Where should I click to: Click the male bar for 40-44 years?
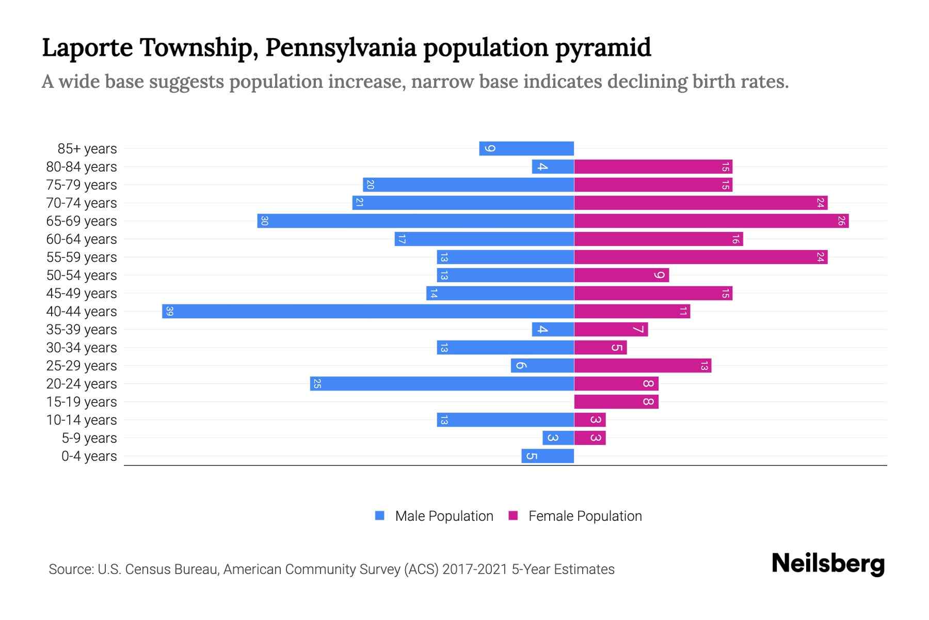click(x=368, y=312)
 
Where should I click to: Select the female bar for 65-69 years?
click(x=711, y=221)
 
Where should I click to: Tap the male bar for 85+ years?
click(x=526, y=149)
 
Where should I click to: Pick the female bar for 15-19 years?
click(x=616, y=402)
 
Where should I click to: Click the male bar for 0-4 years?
click(x=548, y=456)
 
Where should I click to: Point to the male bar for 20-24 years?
click(x=442, y=384)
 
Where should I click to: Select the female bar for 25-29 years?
click(x=643, y=366)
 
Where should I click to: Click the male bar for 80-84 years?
click(x=553, y=167)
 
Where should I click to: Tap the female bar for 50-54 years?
click(x=621, y=275)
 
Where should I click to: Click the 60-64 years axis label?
click(x=82, y=239)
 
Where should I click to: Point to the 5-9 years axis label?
click(x=89, y=438)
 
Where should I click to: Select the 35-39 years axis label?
click(x=82, y=330)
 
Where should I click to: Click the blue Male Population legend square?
click(x=380, y=516)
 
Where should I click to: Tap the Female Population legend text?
click(x=585, y=516)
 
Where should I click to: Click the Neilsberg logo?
click(x=828, y=564)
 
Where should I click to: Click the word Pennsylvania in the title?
click(x=341, y=48)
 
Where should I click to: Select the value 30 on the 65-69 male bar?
click(x=264, y=221)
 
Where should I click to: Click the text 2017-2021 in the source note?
click(x=475, y=569)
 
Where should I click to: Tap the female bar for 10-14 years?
click(x=590, y=420)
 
